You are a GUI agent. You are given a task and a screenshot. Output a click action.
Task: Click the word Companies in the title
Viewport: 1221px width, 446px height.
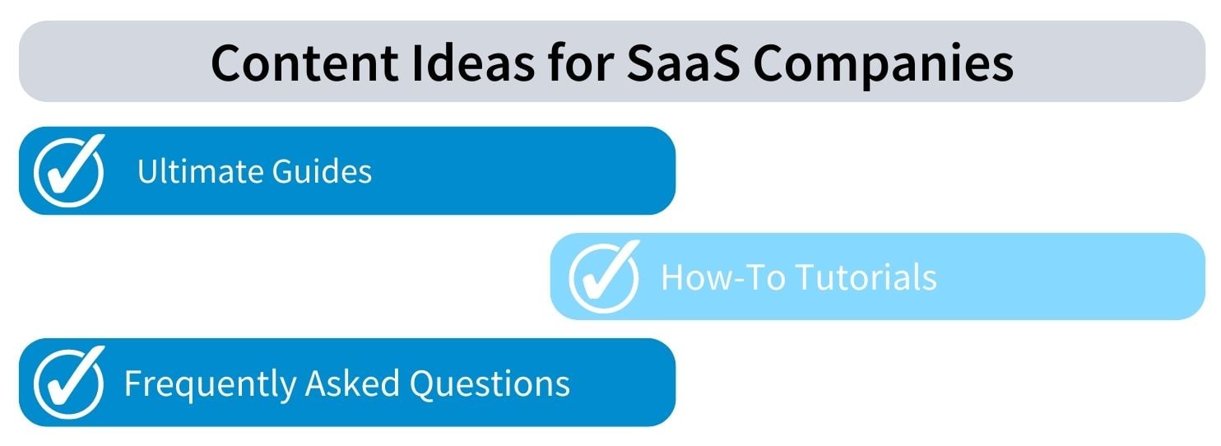click(883, 66)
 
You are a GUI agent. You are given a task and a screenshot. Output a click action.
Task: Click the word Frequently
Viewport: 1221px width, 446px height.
click(210, 385)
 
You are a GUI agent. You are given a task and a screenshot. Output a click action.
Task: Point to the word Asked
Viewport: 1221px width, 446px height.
click(352, 383)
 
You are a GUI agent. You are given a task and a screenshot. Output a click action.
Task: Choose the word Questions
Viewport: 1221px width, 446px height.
click(490, 383)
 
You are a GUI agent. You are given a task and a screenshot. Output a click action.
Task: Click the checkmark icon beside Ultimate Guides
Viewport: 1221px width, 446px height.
click(69, 170)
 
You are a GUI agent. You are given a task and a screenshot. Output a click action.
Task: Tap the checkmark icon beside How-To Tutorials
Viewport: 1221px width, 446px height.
click(604, 276)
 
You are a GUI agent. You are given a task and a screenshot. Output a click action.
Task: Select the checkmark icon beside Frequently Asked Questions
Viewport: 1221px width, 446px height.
click(69, 382)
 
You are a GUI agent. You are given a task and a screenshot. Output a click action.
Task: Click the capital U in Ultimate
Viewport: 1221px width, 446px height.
click(148, 171)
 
